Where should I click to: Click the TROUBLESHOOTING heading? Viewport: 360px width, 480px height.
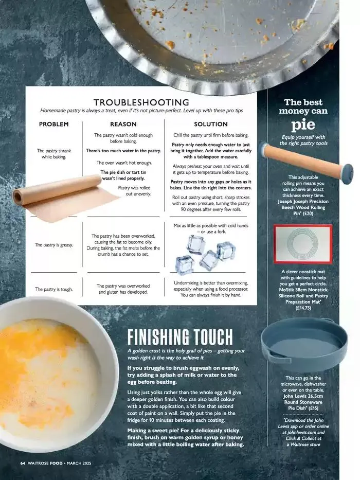point(141,102)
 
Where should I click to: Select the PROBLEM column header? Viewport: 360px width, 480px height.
point(53,125)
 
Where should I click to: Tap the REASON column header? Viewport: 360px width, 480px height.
point(123,125)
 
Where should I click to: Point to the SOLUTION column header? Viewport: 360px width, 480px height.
point(210,125)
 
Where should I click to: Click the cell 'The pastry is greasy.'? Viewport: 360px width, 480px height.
point(53,245)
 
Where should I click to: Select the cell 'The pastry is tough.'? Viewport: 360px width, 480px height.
point(53,289)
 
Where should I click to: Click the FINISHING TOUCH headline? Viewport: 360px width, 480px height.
point(180,337)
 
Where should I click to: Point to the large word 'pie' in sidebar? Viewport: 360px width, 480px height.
point(303,124)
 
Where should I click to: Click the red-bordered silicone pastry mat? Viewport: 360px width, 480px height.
point(303,244)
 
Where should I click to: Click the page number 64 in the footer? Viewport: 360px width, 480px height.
point(23,463)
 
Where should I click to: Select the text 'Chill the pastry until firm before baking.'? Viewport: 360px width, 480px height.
point(210,135)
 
